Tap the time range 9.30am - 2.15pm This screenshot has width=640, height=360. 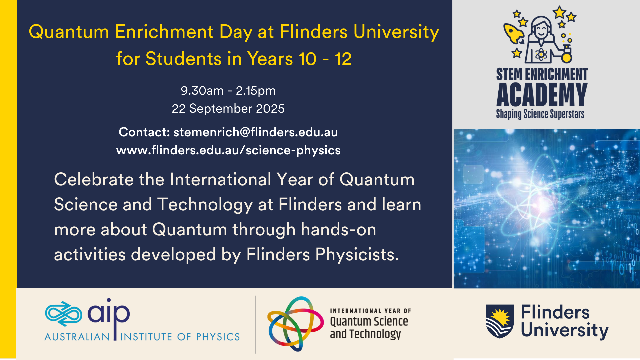click(228, 91)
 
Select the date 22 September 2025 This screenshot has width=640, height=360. click(228, 108)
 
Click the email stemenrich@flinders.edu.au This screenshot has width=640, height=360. click(256, 132)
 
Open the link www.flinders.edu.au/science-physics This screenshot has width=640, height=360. click(228, 150)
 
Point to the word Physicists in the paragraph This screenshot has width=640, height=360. click(357, 255)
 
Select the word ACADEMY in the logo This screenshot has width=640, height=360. click(542, 95)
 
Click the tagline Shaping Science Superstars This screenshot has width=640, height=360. click(540, 114)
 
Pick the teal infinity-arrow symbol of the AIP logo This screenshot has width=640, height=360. click(63, 314)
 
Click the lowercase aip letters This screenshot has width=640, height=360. click(109, 315)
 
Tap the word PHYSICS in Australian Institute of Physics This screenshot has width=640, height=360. click(218, 337)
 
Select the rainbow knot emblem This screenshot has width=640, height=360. click(295, 323)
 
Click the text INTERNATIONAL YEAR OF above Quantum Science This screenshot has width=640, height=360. click(370, 311)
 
